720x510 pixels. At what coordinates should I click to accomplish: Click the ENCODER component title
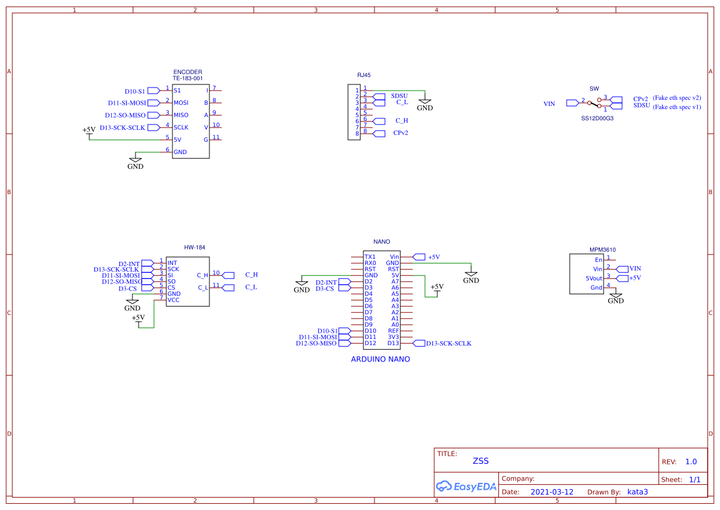pos(187,72)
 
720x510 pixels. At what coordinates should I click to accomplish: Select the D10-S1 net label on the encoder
pos(134,91)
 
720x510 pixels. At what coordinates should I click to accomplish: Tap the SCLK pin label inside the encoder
pos(181,127)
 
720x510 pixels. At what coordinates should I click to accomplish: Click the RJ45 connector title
pos(364,75)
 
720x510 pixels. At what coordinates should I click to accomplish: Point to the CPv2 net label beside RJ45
pos(401,133)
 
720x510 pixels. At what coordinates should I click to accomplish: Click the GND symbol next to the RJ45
pos(425,105)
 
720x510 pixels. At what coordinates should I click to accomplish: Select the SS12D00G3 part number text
pos(597,118)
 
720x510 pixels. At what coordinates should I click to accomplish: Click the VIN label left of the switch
pos(549,104)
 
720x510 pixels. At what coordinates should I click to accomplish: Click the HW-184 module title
pos(194,247)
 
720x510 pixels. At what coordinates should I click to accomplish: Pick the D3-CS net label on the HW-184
pos(127,288)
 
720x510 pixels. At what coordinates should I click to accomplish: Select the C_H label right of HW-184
pos(251,275)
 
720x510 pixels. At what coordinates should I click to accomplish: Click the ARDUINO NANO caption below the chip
pos(380,359)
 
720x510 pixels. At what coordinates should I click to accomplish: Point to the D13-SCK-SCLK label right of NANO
pos(448,343)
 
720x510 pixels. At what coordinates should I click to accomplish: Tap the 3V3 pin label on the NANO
pos(394,337)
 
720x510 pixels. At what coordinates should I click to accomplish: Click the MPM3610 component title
pos(602,249)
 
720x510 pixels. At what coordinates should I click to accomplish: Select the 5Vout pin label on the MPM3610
pos(594,278)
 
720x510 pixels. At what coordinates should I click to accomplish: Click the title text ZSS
pos(480,461)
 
